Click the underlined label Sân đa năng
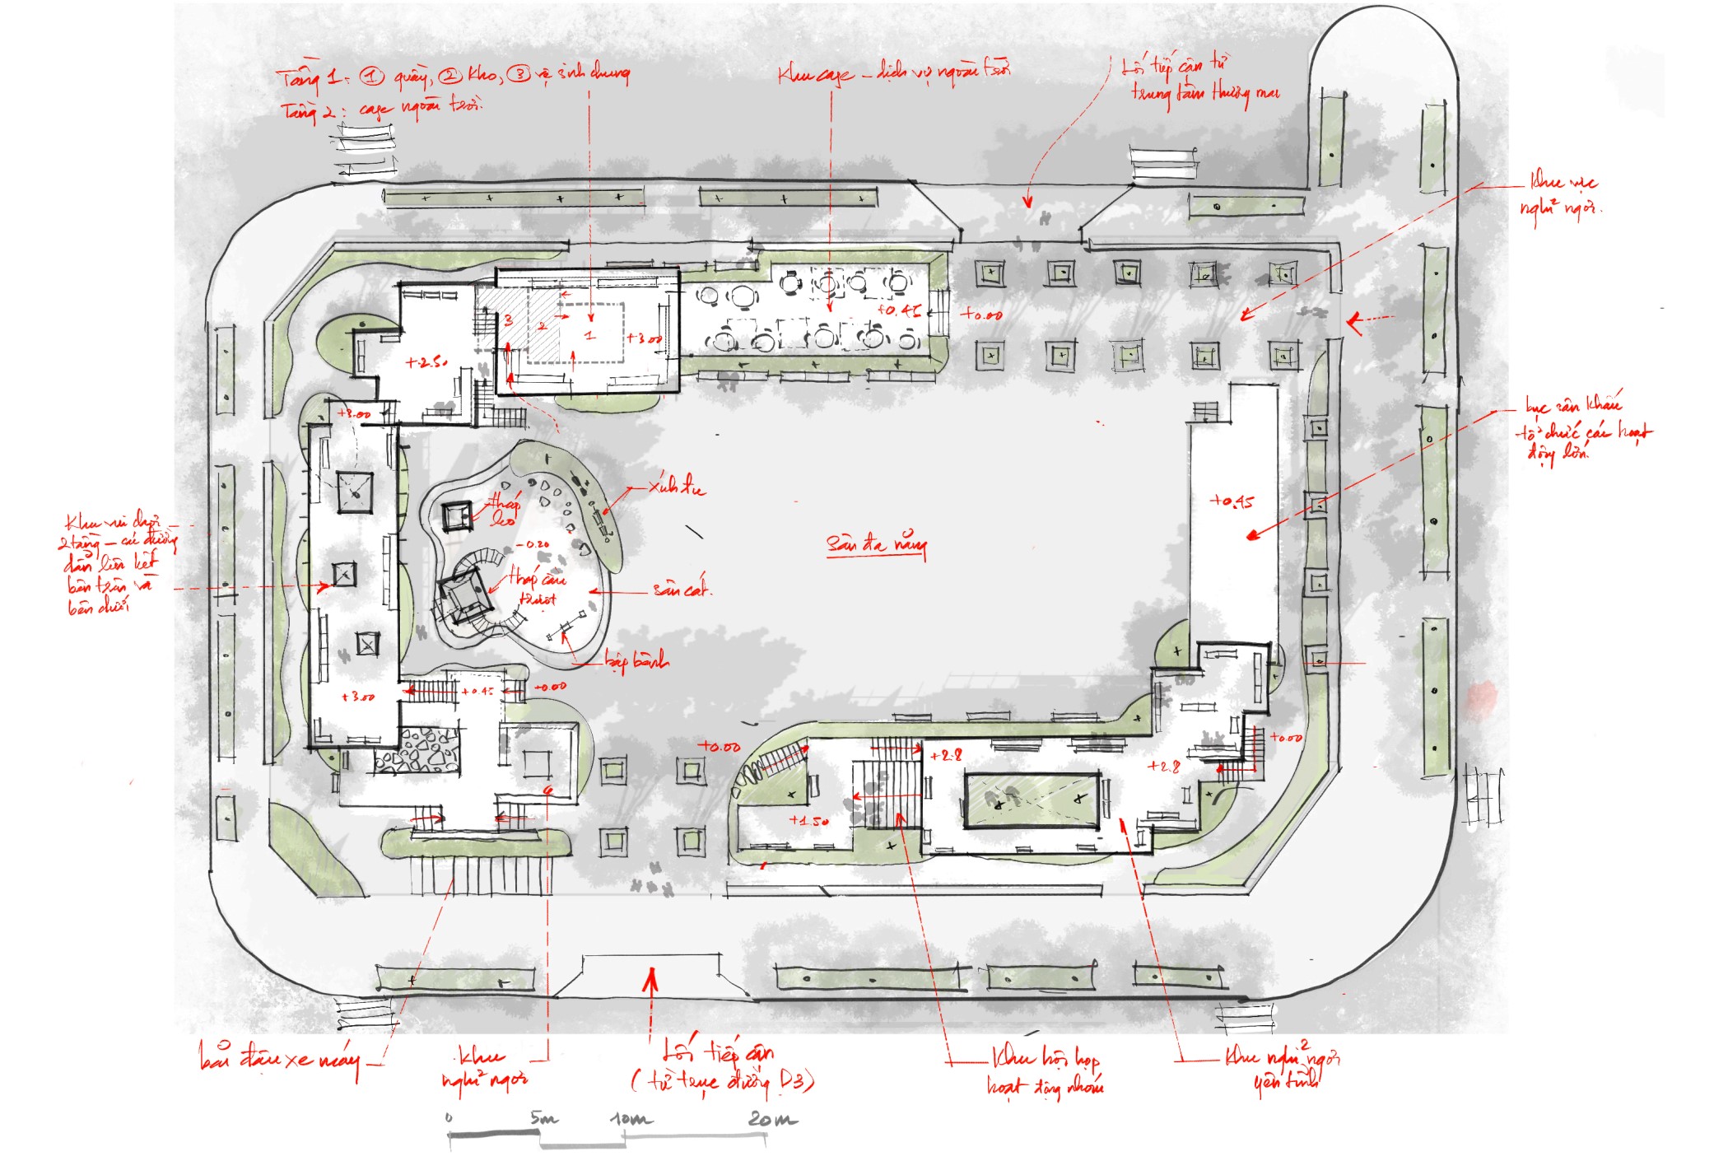click(876, 544)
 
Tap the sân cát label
click(681, 590)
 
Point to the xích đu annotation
click(676, 487)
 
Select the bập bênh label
click(636, 660)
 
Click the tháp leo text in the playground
click(503, 510)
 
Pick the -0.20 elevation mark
click(534, 544)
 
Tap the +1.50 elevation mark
click(808, 820)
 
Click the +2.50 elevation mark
click(426, 362)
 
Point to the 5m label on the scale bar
click(543, 1117)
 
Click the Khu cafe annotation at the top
click(815, 75)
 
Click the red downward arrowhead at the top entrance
click(1027, 202)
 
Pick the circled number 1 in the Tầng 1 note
click(372, 77)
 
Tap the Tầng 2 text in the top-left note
click(308, 111)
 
